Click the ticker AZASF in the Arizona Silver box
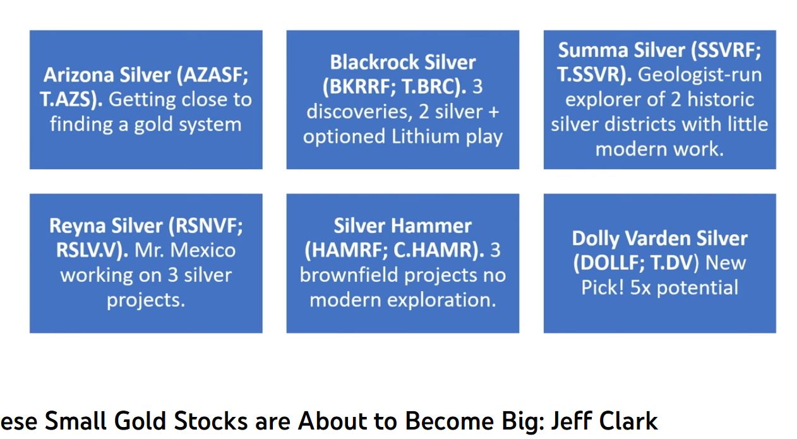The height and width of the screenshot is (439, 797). point(212,75)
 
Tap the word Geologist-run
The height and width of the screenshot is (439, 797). point(700,75)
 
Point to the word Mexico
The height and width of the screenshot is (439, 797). point(203,250)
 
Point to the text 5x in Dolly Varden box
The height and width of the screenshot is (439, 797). point(640,288)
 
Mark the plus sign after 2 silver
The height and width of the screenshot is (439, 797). point(493,112)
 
